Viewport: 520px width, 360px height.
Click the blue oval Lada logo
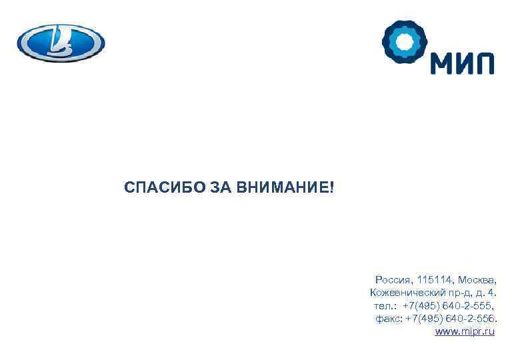coord(61,43)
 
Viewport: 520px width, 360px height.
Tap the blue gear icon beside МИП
coord(403,43)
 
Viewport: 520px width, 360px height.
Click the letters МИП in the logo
coord(461,64)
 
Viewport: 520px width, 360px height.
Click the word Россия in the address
coord(394,279)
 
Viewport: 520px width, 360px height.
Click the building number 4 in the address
coord(491,293)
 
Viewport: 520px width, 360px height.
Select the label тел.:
coord(386,305)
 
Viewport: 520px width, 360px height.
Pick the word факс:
coord(389,318)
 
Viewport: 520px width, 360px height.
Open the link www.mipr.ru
coord(465,331)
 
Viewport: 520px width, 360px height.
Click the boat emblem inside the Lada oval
coord(61,43)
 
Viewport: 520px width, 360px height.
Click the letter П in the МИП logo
coord(485,64)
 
